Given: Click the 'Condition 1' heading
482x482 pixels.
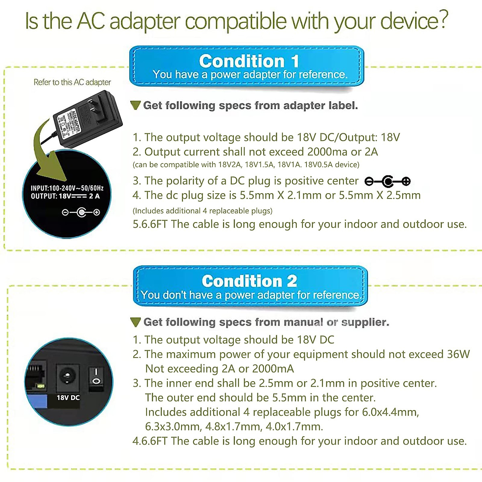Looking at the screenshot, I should click(x=249, y=61).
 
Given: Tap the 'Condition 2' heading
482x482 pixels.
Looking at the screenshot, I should click(x=249, y=281).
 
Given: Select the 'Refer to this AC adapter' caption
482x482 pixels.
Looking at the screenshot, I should click(x=72, y=82).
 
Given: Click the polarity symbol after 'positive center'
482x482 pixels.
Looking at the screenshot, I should click(x=388, y=182).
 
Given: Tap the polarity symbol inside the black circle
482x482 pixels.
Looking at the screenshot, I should click(x=81, y=212).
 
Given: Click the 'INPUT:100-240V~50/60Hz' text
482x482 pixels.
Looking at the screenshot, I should click(x=67, y=188).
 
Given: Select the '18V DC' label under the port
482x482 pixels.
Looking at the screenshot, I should click(x=68, y=398).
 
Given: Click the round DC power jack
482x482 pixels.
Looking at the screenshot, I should click(x=67, y=377).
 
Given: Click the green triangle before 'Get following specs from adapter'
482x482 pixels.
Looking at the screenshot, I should click(x=136, y=106).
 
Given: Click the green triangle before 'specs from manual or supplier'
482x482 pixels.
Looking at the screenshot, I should click(x=136, y=322).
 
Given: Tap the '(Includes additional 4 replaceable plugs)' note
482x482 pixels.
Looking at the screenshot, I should click(x=202, y=211).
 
